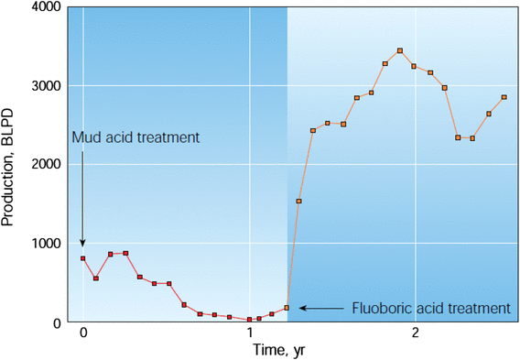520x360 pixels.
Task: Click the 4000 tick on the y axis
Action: [46, 7]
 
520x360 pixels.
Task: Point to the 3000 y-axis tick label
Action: [46, 86]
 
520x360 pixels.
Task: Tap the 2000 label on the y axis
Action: [46, 165]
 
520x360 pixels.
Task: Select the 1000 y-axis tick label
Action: [46, 244]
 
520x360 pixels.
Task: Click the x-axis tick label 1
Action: [249, 335]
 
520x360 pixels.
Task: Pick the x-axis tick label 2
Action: [416, 335]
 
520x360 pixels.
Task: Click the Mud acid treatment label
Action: [135, 137]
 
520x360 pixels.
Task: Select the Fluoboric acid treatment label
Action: [430, 309]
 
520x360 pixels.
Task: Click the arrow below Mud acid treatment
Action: [82, 197]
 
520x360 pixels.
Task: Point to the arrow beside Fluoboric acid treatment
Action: [320, 309]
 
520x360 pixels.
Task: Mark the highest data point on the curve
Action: [400, 50]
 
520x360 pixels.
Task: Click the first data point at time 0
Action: [82, 258]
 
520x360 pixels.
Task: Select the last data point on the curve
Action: [504, 98]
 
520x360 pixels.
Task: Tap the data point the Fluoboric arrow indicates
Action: [287, 308]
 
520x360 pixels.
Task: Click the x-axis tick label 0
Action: [82, 335]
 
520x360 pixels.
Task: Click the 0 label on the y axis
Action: [57, 322]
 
